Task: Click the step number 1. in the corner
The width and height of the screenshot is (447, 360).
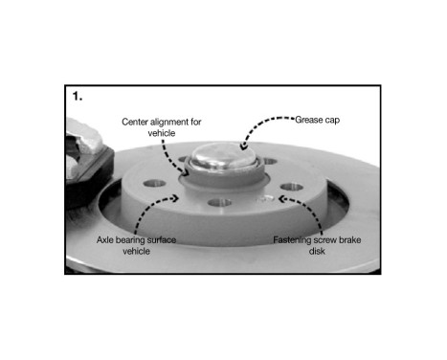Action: [x=78, y=98]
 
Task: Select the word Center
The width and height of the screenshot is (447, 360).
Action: [x=137, y=122]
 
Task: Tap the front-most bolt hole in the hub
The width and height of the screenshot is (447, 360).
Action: [x=222, y=204]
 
